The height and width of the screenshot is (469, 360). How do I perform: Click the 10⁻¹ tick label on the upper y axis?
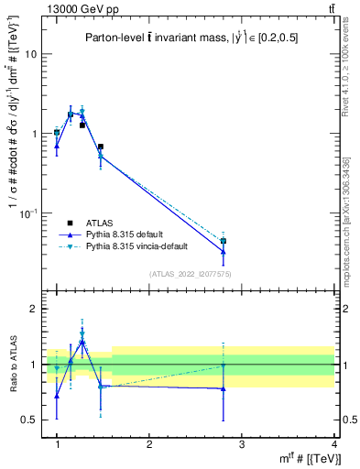point(28,213)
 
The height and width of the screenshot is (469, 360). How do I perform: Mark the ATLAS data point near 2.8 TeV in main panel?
point(224,241)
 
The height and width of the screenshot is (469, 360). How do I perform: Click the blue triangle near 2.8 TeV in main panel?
point(224,251)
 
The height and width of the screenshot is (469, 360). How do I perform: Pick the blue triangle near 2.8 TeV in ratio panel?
point(224,388)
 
